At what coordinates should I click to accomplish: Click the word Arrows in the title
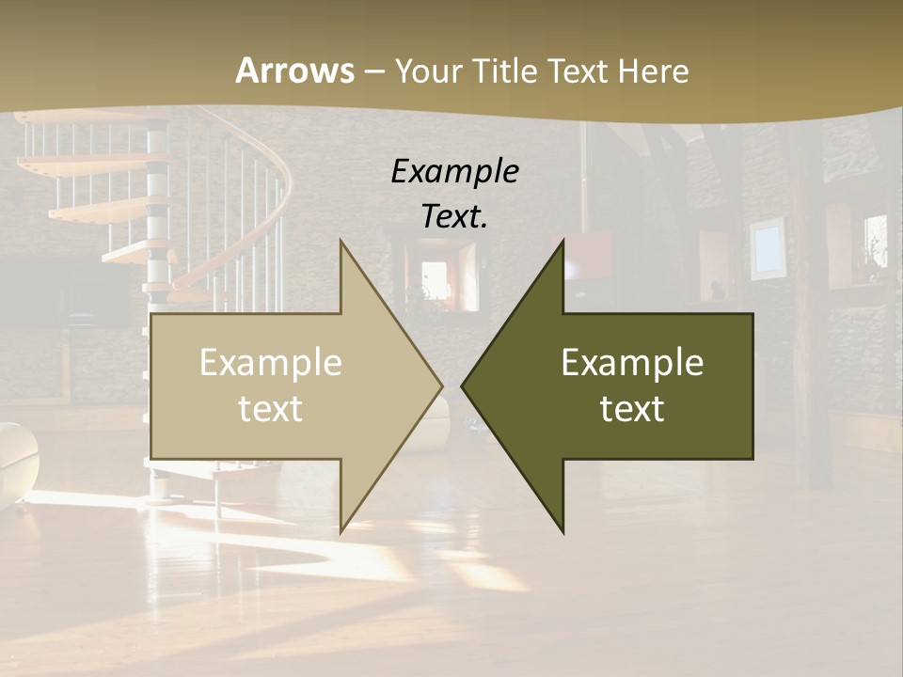point(295,71)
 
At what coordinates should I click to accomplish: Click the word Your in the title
point(427,71)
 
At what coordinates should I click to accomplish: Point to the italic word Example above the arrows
point(454,171)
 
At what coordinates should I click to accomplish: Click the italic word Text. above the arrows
point(454,216)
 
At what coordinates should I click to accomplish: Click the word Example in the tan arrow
point(271,363)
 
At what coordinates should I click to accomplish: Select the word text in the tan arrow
point(271,408)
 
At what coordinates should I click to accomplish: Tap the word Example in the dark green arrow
point(632,363)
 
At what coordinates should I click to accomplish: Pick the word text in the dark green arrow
point(632,408)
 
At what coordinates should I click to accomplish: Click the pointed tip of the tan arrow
point(441,386)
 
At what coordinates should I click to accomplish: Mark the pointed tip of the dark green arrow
point(462,386)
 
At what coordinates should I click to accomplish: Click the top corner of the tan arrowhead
point(341,240)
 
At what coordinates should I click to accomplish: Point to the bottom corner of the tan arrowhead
point(341,532)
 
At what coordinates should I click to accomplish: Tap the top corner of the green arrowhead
point(562,240)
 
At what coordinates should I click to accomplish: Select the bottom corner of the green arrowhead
point(562,532)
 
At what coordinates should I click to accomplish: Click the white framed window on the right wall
point(768,246)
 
